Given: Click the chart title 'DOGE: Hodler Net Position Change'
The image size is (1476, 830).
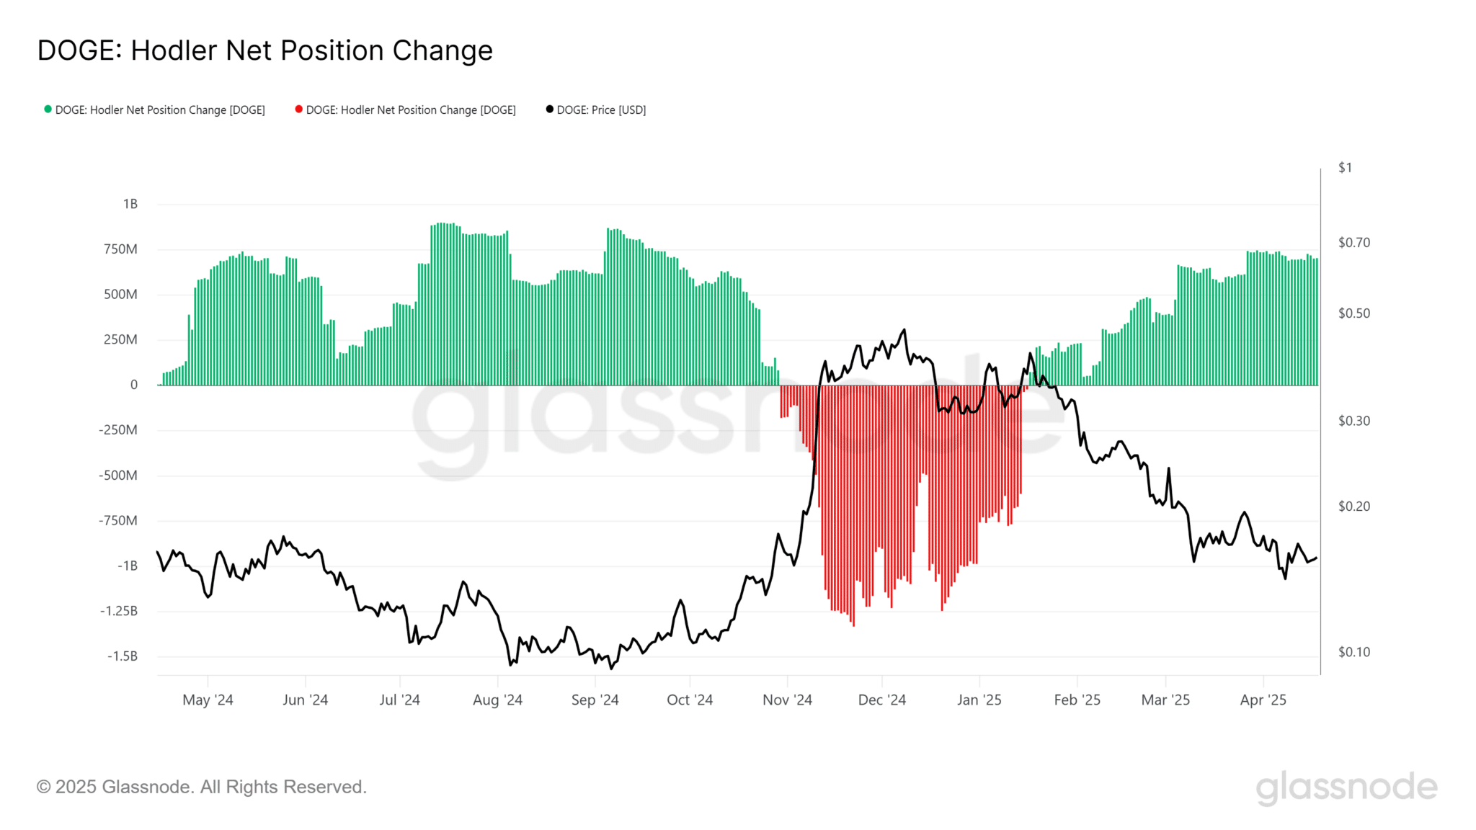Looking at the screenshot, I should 264,50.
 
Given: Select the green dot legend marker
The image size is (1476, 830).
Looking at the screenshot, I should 48,110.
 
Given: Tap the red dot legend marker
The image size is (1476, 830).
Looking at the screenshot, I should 298,110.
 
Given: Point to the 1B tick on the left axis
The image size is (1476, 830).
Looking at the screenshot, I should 130,204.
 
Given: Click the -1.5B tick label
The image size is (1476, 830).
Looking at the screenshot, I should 122,656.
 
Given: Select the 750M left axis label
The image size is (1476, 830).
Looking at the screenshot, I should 120,249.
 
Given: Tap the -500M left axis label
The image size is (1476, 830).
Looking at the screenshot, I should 118,475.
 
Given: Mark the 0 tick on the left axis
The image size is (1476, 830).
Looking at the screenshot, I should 134,385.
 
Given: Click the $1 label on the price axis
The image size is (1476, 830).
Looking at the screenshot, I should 1345,168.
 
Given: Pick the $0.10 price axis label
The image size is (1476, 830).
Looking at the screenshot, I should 1353,652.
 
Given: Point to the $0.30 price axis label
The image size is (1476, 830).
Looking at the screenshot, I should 1353,421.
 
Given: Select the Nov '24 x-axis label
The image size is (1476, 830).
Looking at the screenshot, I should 787,700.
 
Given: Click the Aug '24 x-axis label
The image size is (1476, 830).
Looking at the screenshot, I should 497,700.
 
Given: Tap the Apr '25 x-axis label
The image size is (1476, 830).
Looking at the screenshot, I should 1263,700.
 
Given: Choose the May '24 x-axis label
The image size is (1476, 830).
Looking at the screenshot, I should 208,700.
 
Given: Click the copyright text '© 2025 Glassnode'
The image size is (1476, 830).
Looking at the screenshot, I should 202,787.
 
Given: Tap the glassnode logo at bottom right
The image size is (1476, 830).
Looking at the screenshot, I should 1346,787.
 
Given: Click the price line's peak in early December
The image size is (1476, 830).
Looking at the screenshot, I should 904,330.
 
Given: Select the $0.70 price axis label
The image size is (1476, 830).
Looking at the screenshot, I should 1353,243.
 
